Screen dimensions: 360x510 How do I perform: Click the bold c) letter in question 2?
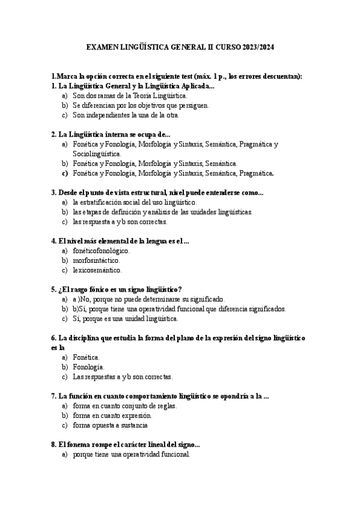64,173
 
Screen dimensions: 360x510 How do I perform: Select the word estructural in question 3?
151,192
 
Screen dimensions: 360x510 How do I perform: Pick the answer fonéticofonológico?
100,251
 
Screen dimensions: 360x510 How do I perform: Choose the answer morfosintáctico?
96,260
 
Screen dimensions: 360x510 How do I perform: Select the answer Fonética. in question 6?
86,357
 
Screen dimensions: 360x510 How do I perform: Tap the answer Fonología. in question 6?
88,367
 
